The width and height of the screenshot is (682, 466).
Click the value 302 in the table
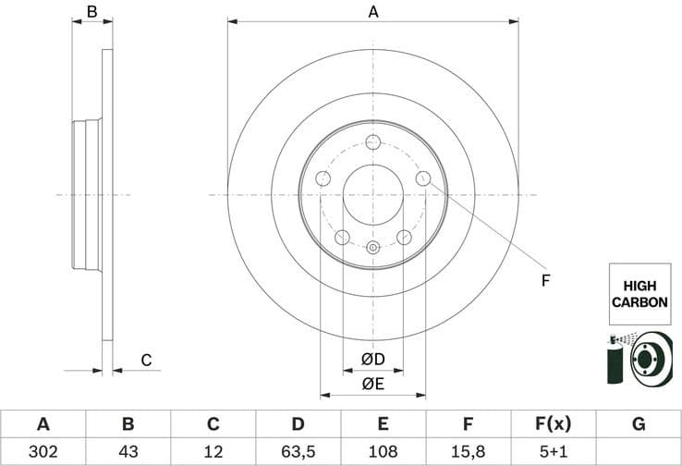[x=43, y=451]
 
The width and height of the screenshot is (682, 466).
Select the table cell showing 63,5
[x=298, y=451]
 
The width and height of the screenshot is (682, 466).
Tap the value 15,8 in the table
[x=468, y=451]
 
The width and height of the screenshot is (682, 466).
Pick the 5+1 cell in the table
[x=553, y=451]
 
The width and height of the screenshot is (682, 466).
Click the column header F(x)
[x=553, y=424]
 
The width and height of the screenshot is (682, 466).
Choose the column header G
[x=638, y=424]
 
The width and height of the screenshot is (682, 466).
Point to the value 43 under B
[x=128, y=451]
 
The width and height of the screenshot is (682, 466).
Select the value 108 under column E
[x=383, y=451]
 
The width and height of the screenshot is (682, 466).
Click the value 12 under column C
[x=213, y=451]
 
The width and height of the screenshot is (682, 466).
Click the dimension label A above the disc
[x=373, y=12]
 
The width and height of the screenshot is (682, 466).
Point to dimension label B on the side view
[x=91, y=12]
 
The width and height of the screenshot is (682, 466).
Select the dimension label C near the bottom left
[x=145, y=360]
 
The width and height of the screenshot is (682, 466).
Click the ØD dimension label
[x=372, y=359]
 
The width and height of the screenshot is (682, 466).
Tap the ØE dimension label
[x=372, y=383]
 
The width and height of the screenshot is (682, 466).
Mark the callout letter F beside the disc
[x=545, y=280]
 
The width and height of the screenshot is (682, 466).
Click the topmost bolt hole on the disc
[x=373, y=141]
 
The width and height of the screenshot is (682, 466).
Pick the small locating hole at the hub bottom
[x=373, y=247]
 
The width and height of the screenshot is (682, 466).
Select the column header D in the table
[x=298, y=424]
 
